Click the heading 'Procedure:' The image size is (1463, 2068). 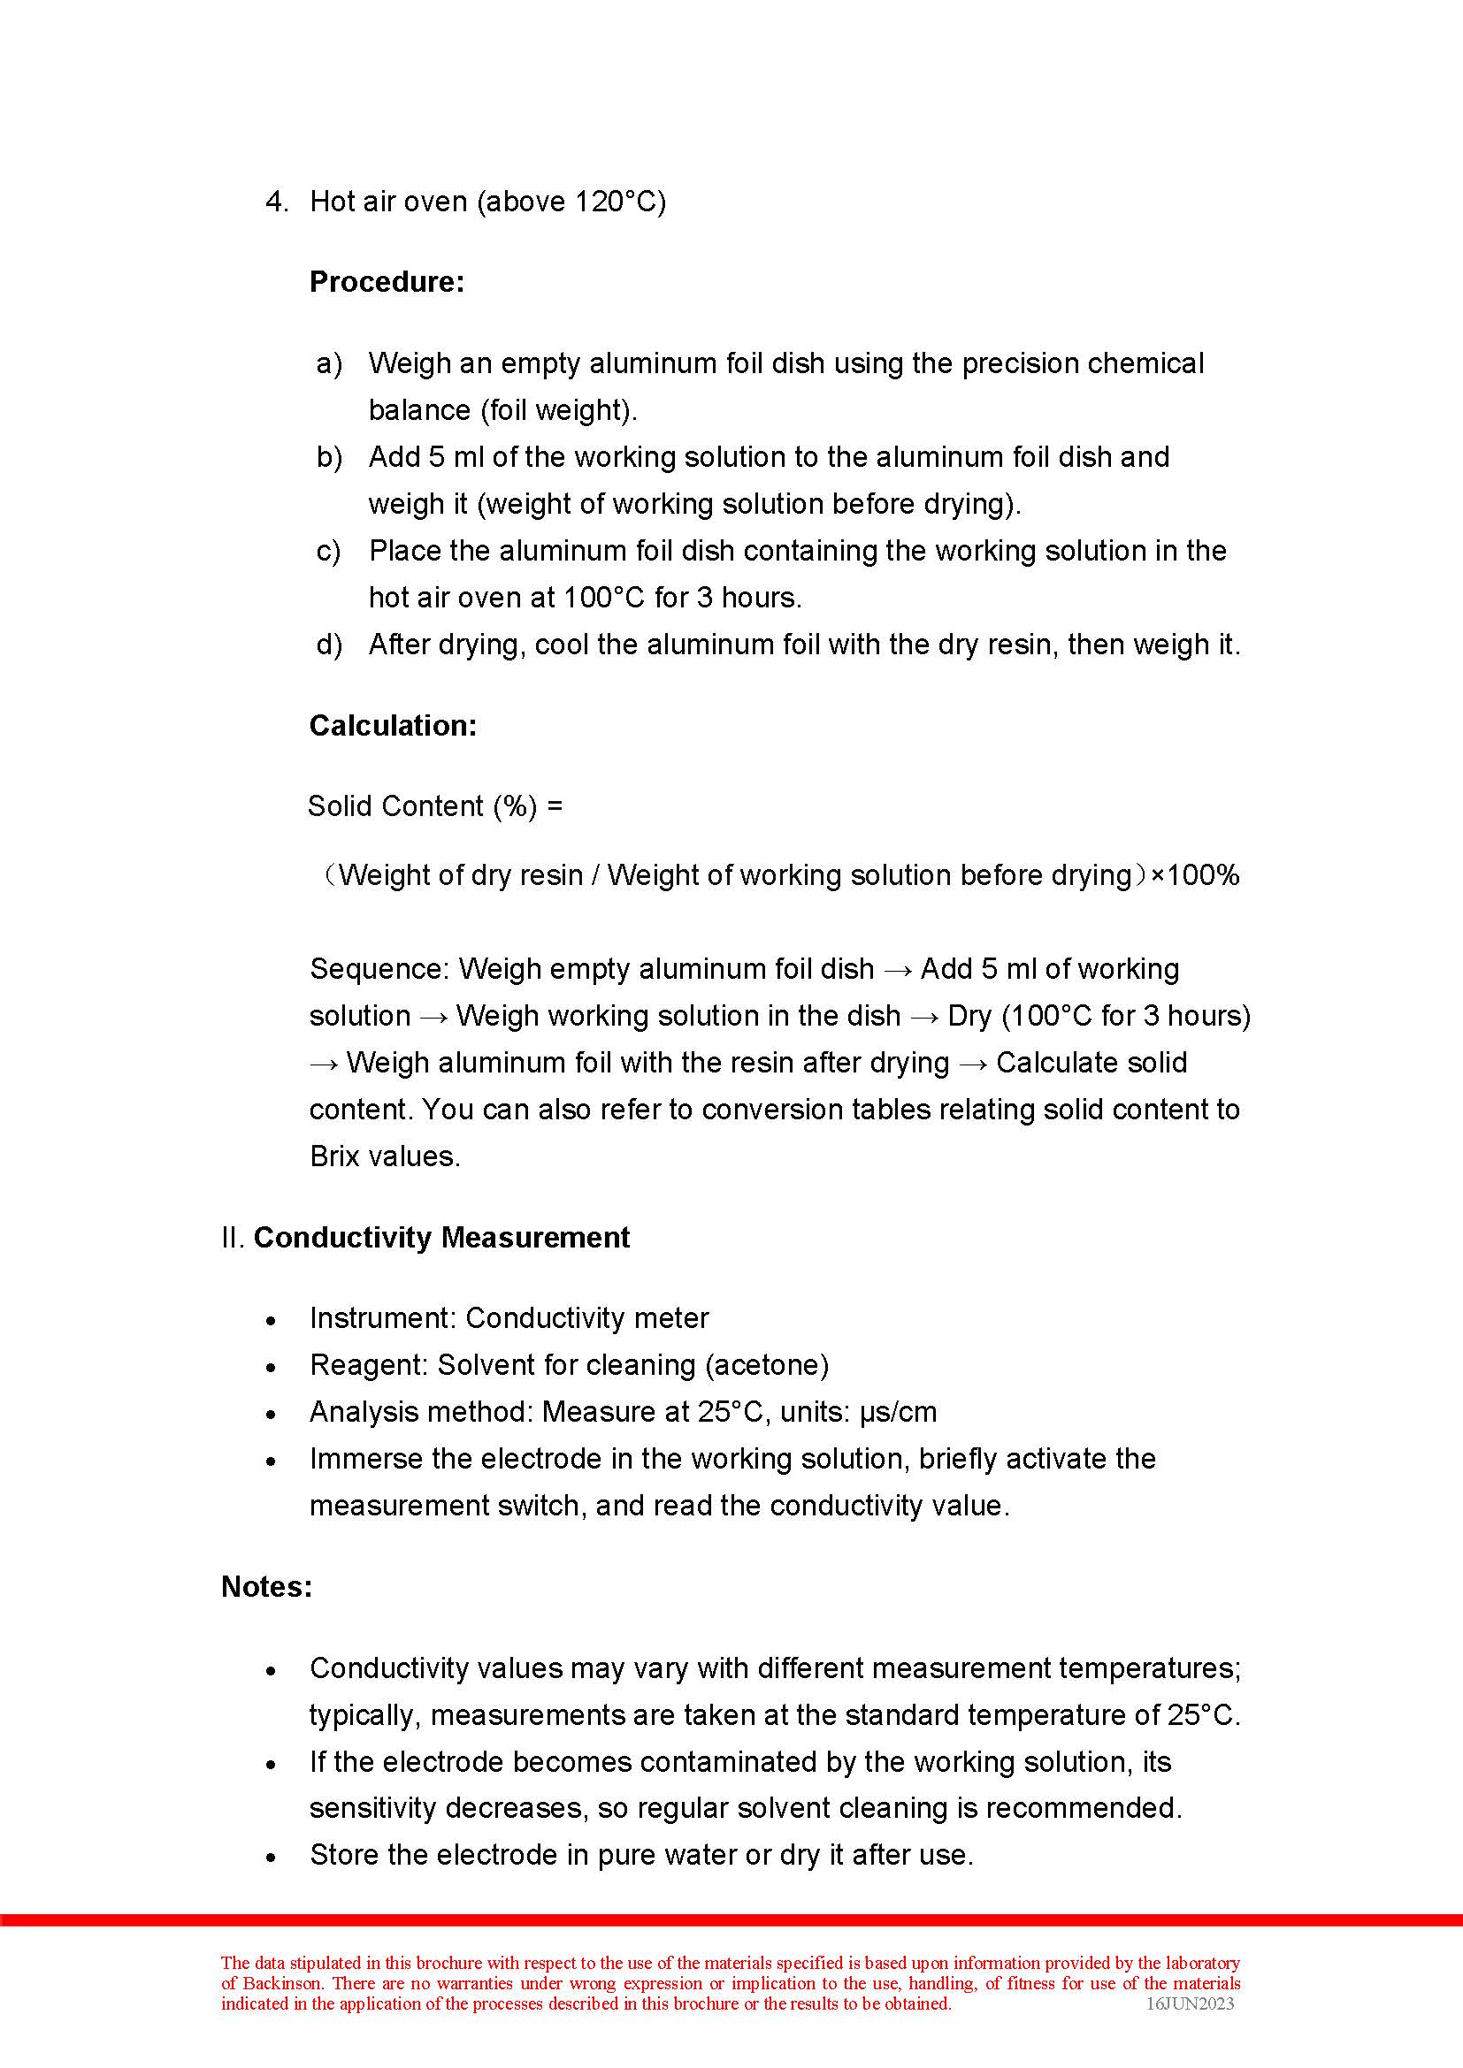coord(387,282)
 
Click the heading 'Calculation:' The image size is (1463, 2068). coord(393,725)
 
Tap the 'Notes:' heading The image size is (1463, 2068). coord(266,1586)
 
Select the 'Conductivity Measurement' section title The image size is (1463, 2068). coord(441,1238)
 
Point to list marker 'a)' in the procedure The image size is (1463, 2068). coord(329,363)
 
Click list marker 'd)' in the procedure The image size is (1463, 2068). coord(329,644)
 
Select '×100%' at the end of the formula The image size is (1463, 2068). coord(1196,874)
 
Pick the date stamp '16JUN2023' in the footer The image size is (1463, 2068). coord(1189,2003)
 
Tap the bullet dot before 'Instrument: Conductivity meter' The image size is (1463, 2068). coord(272,1320)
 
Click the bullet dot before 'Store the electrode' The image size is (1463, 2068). coord(272,1858)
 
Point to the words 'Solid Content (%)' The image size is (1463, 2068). coord(423,805)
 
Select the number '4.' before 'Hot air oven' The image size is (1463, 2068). coord(277,201)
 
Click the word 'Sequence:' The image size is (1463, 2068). coord(379,969)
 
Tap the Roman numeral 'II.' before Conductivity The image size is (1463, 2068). coord(234,1238)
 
